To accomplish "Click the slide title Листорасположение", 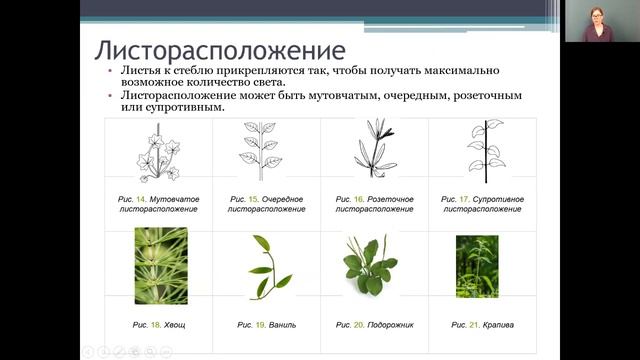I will (220, 50).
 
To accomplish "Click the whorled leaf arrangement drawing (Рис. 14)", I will (160, 152).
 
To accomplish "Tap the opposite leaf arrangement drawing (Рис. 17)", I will (485, 151).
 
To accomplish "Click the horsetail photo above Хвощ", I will (160, 264).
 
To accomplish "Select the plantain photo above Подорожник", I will (373, 266).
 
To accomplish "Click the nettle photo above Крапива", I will (477, 266).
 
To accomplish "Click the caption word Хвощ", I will (174, 325).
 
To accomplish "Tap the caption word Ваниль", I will (281, 325).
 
